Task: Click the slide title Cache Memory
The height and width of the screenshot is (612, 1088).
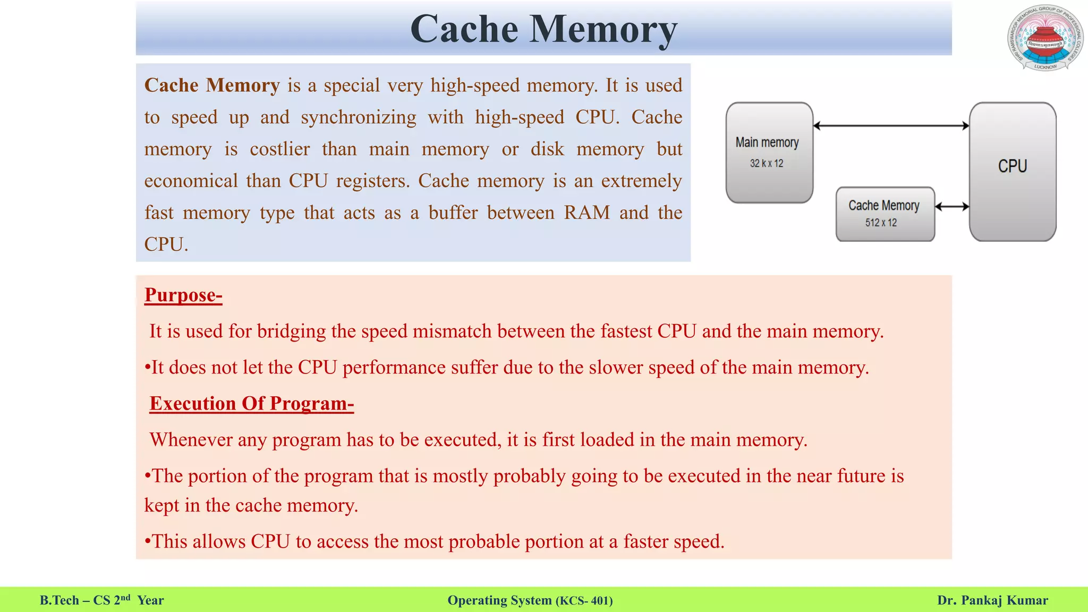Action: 543,29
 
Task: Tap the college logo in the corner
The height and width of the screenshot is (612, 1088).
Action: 1045,38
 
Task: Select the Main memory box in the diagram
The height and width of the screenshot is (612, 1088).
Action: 769,152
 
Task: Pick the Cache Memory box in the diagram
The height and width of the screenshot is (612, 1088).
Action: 885,213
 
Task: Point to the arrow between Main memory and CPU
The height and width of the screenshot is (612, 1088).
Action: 891,126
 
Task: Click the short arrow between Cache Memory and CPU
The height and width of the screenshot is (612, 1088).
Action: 952,207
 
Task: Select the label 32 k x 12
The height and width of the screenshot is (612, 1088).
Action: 767,164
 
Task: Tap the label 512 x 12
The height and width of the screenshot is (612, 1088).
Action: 881,223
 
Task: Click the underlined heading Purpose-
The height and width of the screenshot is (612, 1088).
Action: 183,295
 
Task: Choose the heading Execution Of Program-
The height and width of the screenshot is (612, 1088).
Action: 252,403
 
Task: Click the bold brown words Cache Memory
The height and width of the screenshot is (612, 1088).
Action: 212,86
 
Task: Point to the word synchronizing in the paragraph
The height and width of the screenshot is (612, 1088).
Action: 359,117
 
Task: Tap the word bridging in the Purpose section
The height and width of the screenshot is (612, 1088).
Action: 291,331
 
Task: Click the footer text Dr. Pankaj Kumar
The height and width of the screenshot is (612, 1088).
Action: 992,600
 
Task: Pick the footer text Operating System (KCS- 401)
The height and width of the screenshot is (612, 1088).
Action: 530,600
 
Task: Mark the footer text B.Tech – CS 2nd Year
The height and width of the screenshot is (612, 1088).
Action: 102,600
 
